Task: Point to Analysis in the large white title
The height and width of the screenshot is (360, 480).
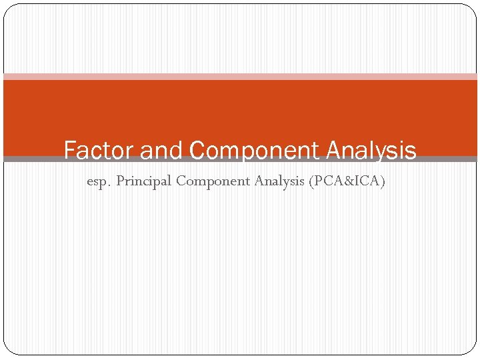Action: pyautogui.click(x=371, y=151)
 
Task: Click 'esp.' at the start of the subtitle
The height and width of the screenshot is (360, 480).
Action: pyautogui.click(x=99, y=181)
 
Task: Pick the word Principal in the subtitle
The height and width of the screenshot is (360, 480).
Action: pyautogui.click(x=144, y=181)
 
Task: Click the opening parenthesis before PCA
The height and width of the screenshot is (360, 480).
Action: pyautogui.click(x=311, y=181)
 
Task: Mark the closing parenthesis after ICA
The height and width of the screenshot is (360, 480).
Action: pyautogui.click(x=383, y=181)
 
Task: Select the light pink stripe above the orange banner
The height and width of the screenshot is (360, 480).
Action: pyautogui.click(x=240, y=77)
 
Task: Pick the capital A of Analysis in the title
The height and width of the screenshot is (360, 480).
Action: pyautogui.click(x=335, y=151)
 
